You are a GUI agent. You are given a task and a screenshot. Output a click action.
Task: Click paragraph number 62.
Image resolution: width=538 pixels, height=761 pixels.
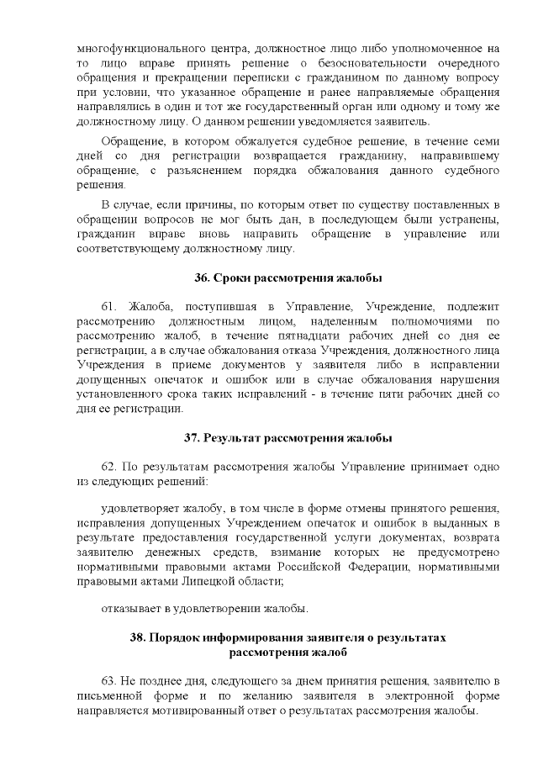pyautogui.click(x=110, y=465)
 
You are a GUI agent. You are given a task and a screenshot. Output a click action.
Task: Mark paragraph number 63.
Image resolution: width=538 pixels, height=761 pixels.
pyautogui.click(x=110, y=679)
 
